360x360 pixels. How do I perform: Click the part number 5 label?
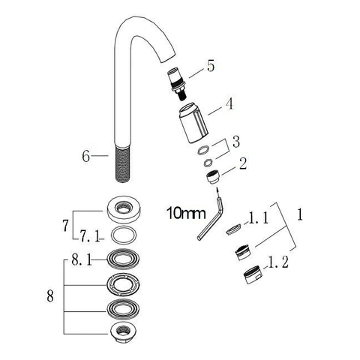(211, 66)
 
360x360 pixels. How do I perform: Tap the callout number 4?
(229, 103)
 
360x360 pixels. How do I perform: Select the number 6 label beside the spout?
(85, 157)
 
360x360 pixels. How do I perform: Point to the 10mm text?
(186, 214)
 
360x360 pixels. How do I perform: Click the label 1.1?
(259, 217)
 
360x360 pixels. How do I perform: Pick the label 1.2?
(278, 262)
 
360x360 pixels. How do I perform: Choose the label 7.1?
(90, 236)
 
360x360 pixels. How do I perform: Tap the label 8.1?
(81, 260)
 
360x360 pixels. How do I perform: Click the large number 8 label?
(50, 296)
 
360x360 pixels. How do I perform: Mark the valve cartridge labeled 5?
(177, 84)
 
